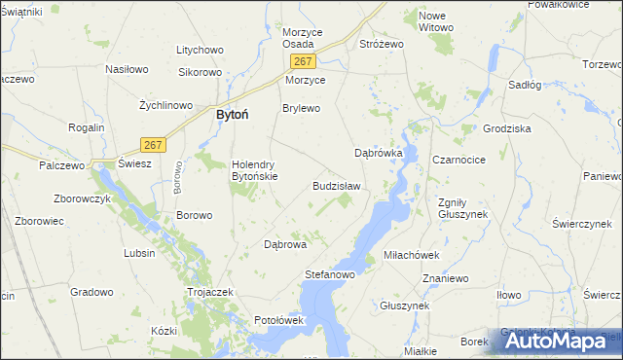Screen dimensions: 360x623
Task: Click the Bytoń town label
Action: point(231,115)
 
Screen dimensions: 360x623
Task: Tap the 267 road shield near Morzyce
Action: point(300,61)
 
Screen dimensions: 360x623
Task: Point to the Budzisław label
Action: point(336,186)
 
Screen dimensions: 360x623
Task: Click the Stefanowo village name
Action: point(330,275)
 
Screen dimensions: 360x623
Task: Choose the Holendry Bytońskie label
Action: point(254,170)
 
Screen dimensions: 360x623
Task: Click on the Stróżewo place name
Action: point(382,44)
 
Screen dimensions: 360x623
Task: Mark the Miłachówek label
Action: point(413,254)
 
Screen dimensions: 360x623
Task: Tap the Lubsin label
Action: point(139,253)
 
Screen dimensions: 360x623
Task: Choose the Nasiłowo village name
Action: point(127,70)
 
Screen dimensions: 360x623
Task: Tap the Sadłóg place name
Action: point(525,85)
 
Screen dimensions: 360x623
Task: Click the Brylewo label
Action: point(301,108)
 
